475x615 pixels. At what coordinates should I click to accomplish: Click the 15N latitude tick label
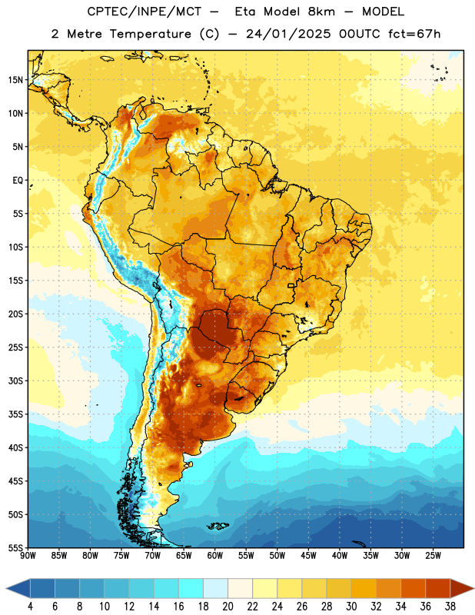tap(15, 80)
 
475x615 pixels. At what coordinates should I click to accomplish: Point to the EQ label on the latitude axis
tap(18, 181)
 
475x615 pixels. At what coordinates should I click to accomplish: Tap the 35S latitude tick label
tap(15, 414)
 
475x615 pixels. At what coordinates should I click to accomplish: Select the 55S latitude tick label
tap(15, 547)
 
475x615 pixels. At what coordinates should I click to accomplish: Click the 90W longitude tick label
tap(28, 556)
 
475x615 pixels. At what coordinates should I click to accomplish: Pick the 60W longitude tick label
tap(215, 556)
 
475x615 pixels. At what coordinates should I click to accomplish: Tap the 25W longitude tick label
tap(433, 556)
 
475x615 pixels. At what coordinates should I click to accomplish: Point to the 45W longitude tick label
tap(308, 556)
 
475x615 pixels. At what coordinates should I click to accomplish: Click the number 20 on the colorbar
tap(228, 607)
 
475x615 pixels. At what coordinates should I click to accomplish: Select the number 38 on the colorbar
tap(450, 607)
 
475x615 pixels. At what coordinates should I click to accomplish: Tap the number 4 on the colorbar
tap(30, 607)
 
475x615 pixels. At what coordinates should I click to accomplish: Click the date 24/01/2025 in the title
tap(288, 34)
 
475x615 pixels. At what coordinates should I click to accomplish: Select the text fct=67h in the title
tap(414, 34)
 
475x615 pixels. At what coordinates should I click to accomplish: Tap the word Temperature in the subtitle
tap(150, 34)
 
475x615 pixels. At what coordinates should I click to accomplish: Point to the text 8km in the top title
tap(321, 12)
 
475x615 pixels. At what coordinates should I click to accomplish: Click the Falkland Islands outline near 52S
tap(218, 526)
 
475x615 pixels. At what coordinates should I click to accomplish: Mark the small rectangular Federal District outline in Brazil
tap(291, 285)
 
